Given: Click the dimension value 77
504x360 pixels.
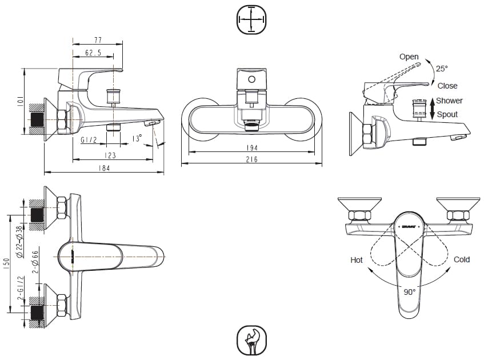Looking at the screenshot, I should [x=98, y=41].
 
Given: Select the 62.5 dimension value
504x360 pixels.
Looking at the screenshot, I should [x=93, y=53].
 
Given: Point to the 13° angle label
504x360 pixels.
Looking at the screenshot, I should [x=137, y=139].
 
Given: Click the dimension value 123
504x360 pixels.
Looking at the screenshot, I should [x=110, y=155].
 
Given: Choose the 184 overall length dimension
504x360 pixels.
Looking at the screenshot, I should [x=103, y=168].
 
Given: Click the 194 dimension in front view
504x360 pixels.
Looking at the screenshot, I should [x=251, y=148].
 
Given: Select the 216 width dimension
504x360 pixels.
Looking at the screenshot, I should [x=251, y=159].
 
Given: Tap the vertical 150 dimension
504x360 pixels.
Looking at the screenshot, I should [x=7, y=264].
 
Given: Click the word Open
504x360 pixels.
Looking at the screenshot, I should [x=409, y=57].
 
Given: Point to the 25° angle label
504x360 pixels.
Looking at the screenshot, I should [x=442, y=69].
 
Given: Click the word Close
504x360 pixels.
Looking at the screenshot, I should [x=447, y=86].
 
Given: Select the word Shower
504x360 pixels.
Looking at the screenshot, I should [x=450, y=101].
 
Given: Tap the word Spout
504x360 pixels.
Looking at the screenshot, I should [x=447, y=114].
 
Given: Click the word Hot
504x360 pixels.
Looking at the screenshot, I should [x=357, y=259].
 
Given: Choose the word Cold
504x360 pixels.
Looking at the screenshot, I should [x=462, y=259].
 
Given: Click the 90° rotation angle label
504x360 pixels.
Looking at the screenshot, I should [x=410, y=291].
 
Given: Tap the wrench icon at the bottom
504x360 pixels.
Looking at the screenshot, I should [x=251, y=341].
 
